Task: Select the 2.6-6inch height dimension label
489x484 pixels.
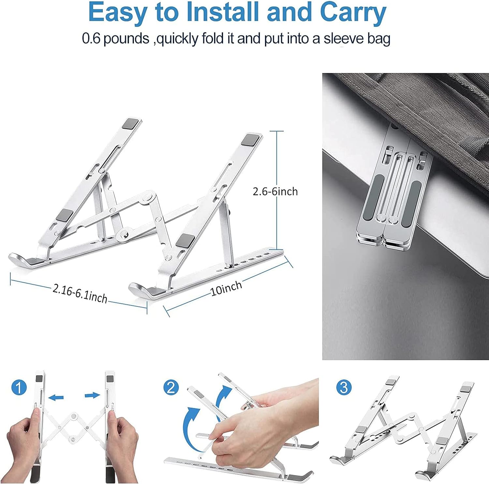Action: point(275,191)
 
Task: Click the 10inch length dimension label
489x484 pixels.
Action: point(227,288)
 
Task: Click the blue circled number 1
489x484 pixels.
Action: point(19,388)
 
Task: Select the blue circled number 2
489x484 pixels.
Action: point(171,388)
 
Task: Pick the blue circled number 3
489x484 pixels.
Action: point(344,388)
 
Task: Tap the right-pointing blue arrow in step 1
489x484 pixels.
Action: point(92,395)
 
